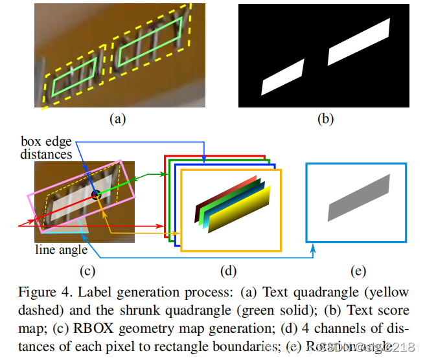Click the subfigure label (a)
pos(117,118)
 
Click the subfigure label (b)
pos(325,118)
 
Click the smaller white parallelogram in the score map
pos(282,78)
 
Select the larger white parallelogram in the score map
pos(360,42)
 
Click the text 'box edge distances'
pos(46,148)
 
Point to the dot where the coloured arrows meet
pos(96,194)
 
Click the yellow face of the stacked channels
pos(236,217)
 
